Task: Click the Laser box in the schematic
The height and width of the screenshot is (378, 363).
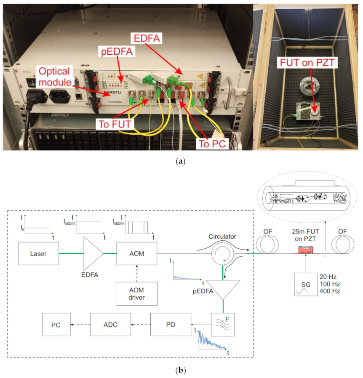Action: pos(38,254)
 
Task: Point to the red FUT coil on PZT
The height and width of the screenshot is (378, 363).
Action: pos(304,254)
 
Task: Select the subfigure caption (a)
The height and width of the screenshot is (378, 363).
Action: pos(181,161)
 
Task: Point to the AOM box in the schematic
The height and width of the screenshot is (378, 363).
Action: pos(136,254)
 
